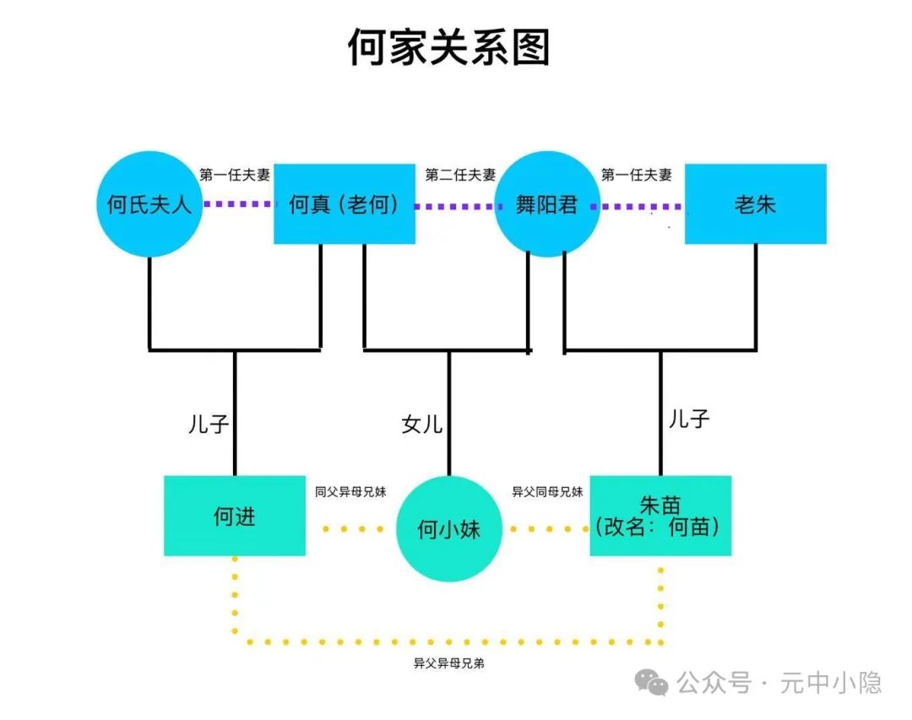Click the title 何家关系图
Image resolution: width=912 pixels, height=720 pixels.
(448, 46)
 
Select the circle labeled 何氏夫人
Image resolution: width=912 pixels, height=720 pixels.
(149, 204)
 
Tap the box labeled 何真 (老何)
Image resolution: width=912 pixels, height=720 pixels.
(345, 204)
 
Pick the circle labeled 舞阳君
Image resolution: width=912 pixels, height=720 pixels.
(547, 204)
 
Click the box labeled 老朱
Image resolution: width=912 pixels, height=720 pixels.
(755, 204)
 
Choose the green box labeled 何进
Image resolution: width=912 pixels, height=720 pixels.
(235, 516)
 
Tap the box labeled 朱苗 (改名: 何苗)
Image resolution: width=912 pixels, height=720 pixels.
(660, 516)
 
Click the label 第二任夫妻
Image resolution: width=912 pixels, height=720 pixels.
(460, 176)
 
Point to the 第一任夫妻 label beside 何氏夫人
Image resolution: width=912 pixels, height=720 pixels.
(235, 176)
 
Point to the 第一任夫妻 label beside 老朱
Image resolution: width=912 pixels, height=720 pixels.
(636, 176)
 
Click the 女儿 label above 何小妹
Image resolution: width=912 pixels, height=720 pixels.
(421, 424)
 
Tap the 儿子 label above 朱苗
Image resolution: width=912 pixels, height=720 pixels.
(688, 419)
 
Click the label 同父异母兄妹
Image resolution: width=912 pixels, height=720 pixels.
(350, 491)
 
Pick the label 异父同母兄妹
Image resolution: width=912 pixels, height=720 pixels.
(547, 491)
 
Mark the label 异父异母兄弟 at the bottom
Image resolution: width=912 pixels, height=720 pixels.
(448, 663)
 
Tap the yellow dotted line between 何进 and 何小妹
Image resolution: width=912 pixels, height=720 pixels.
(353, 529)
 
